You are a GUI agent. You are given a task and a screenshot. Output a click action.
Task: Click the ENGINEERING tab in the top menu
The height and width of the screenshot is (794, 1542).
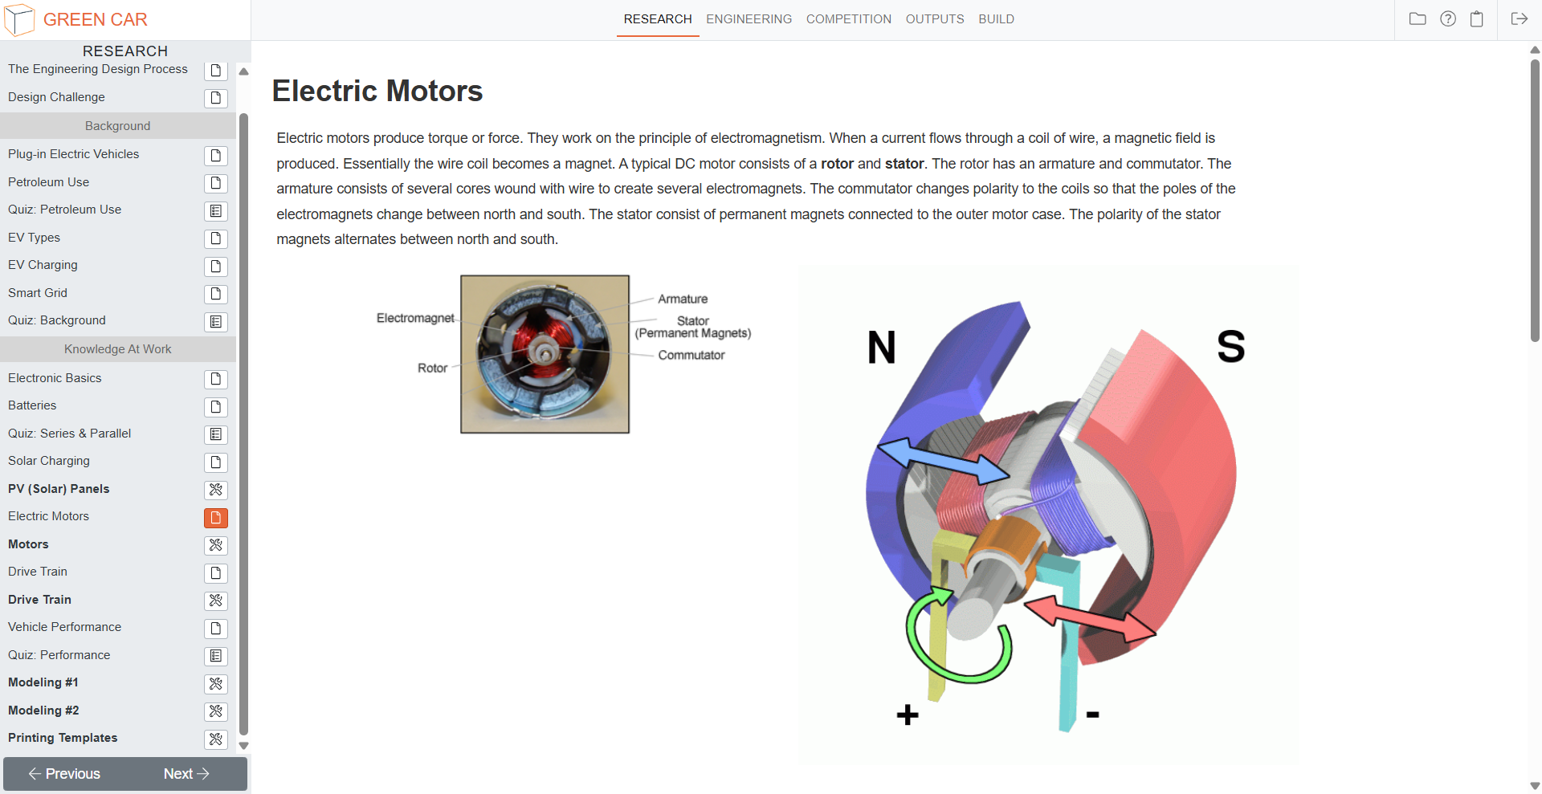pos(749,19)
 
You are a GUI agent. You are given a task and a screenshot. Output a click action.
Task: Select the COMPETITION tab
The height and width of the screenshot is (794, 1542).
pos(848,19)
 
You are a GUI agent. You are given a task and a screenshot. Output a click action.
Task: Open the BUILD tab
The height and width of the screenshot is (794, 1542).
pos(996,19)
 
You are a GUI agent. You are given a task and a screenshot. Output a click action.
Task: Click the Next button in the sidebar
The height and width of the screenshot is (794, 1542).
pos(186,774)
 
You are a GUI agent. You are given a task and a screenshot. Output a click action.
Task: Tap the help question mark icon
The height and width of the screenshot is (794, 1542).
pos(1447,19)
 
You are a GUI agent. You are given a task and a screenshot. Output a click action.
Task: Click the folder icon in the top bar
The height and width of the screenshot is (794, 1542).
pos(1418,19)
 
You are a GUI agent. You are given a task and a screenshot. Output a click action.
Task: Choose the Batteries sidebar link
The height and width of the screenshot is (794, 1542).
pos(32,405)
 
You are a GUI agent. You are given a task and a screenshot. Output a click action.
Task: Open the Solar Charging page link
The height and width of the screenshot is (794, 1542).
pos(49,461)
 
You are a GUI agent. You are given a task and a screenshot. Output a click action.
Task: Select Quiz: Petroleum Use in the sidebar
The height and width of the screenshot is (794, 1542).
pos(64,210)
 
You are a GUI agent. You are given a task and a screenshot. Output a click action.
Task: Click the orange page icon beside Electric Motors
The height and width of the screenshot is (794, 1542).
pos(216,518)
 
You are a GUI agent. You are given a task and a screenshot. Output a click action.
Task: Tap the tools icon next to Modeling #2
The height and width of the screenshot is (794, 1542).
pos(216,711)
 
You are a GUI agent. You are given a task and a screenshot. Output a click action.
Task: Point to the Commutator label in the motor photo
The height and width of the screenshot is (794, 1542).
pos(691,355)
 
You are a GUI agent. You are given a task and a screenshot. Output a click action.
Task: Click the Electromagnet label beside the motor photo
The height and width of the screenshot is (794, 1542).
pos(415,318)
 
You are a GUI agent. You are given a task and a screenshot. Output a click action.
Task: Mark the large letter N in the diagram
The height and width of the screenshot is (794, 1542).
pos(881,348)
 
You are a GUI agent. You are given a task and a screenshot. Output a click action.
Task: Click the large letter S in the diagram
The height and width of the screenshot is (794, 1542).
pos(1230,347)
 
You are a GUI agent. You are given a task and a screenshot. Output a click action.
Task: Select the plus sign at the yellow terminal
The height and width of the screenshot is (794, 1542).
pos(908,715)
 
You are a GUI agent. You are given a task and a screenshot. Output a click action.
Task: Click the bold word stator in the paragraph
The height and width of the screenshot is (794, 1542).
pos(904,164)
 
